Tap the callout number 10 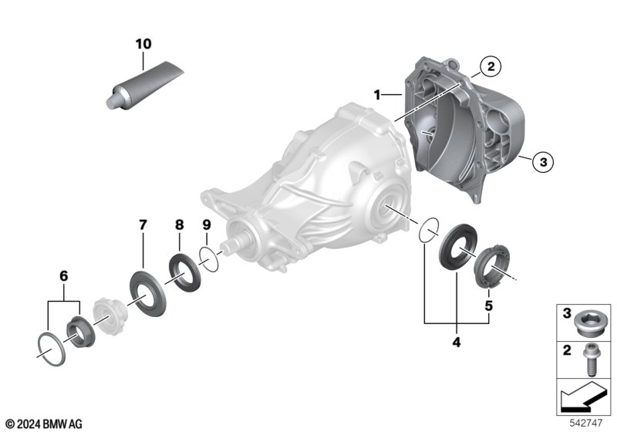(143, 44)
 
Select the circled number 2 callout (489, 67)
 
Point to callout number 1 (378, 95)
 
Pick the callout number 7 (143, 225)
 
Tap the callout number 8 (179, 225)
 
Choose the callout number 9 (206, 225)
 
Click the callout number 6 (63, 275)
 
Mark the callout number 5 (487, 305)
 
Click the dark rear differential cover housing (463, 131)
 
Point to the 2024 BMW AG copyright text (43, 424)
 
